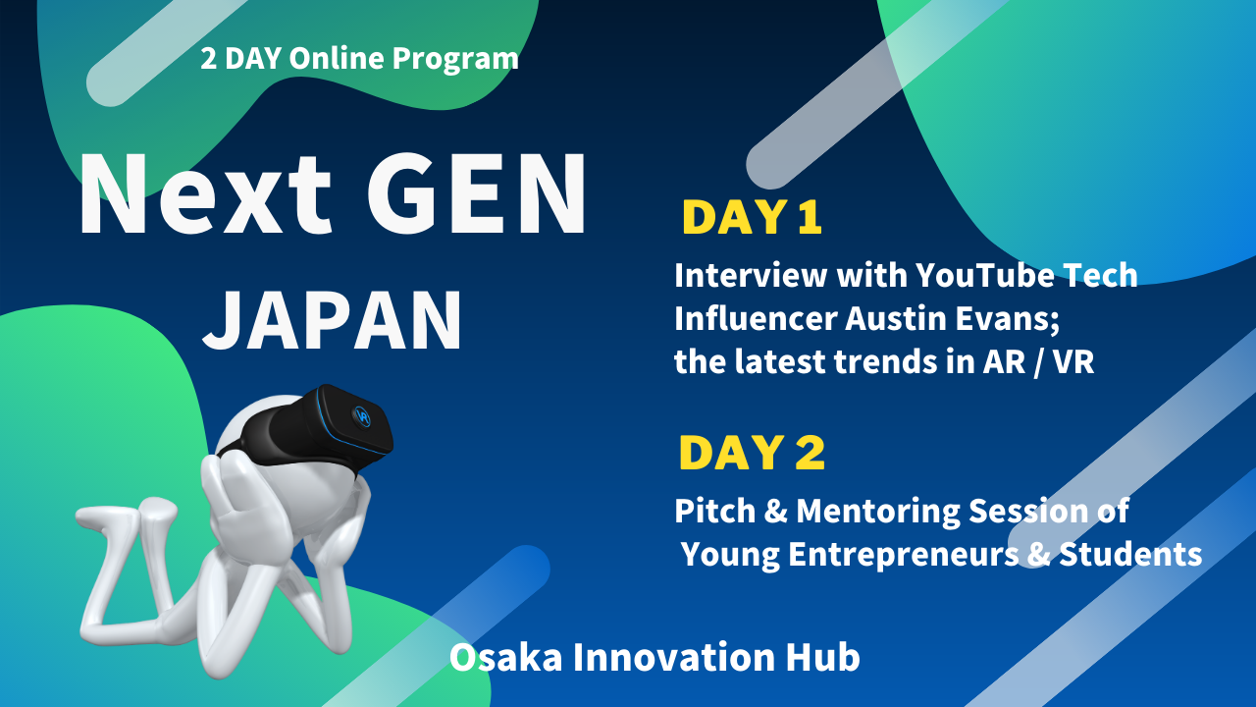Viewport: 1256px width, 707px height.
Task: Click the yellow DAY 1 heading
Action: (752, 217)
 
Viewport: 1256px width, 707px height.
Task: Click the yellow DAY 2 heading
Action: (752, 453)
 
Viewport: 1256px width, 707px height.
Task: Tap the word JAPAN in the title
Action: (333, 320)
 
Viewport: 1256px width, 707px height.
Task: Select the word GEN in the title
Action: (477, 193)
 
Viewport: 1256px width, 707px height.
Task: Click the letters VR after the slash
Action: (1073, 362)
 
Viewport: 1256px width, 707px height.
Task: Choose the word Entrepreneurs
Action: (904, 556)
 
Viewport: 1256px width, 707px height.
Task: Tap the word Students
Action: (1130, 555)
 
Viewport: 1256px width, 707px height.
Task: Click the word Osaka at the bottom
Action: (505, 658)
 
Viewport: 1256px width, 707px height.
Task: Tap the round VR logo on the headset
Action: (363, 416)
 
